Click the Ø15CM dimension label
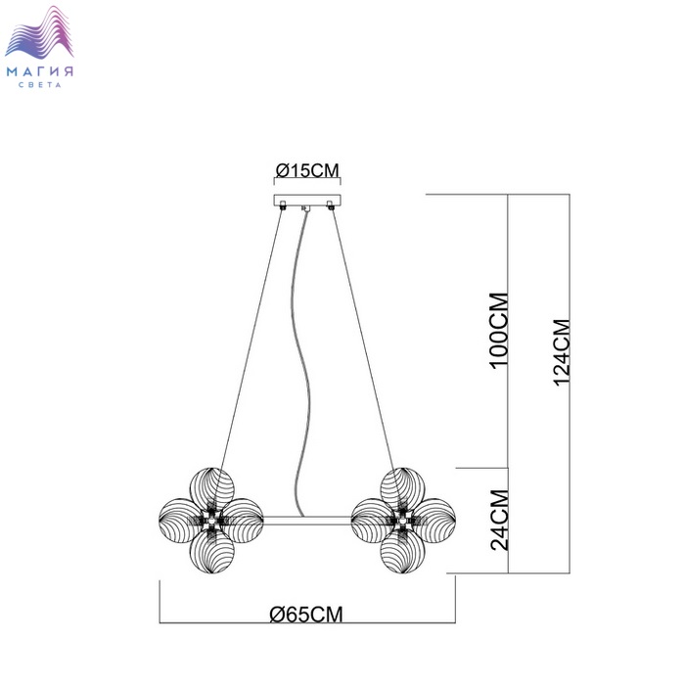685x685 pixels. click(x=307, y=170)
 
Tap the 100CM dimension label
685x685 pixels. click(x=499, y=331)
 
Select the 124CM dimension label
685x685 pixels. click(x=562, y=352)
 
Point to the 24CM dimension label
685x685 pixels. click(x=499, y=520)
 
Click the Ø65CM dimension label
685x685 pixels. click(x=306, y=615)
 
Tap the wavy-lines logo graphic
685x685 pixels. click(x=39, y=32)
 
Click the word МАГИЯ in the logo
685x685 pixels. click(x=40, y=71)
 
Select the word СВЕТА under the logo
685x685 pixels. click(x=40, y=85)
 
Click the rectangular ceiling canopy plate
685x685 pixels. click(x=307, y=201)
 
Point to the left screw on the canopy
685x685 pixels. click(x=283, y=205)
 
